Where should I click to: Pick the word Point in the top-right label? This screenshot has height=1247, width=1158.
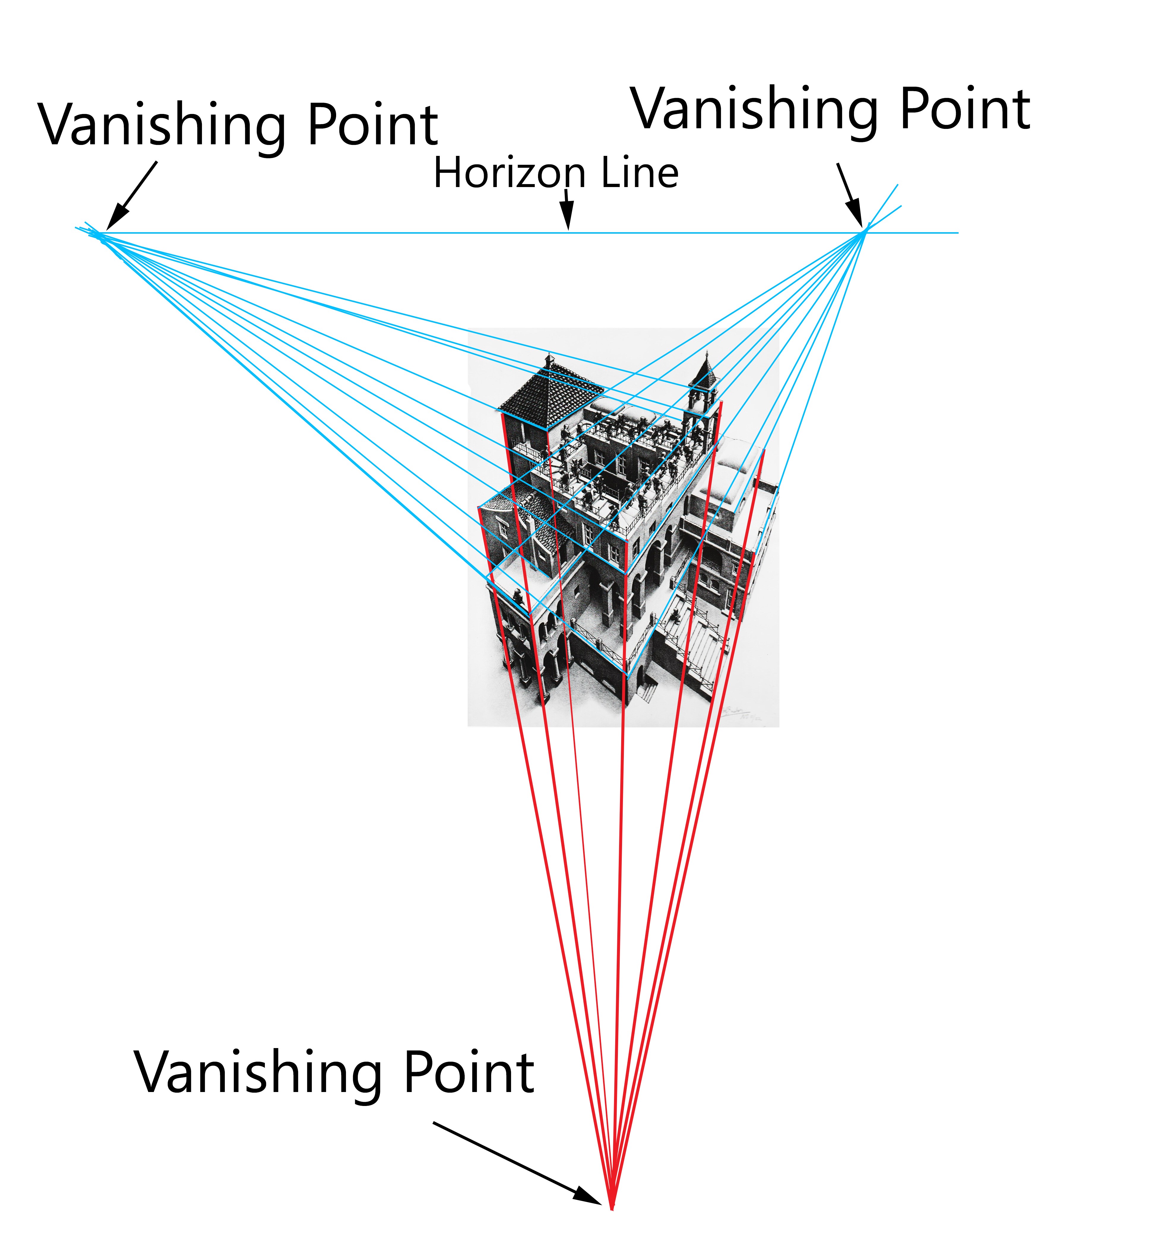coord(965,110)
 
